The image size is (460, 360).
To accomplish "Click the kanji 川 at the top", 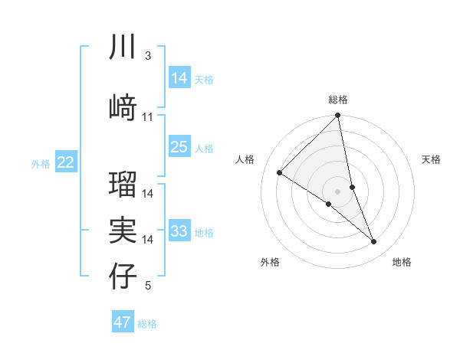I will (123, 48).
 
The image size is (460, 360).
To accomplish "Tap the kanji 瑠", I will (123, 183).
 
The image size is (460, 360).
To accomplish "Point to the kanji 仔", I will (123, 276).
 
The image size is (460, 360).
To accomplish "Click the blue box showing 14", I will (179, 77).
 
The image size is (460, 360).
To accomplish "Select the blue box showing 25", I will (179, 147).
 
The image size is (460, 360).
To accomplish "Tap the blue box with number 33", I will (179, 231).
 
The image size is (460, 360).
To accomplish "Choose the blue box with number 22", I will (66, 162).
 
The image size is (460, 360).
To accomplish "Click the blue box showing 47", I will (123, 322).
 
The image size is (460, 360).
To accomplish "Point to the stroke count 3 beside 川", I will (147, 57).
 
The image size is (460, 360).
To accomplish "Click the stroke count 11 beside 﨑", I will (148, 116).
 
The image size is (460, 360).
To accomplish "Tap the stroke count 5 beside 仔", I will (147, 286).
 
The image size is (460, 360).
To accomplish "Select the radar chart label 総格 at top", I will (338, 100).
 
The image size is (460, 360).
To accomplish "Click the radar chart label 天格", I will (432, 159).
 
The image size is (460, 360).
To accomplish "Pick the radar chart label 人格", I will (245, 159).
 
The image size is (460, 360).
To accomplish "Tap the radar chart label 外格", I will (270, 262).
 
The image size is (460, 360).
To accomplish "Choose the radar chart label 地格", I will (402, 262).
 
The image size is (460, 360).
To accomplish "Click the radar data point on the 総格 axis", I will (338, 116).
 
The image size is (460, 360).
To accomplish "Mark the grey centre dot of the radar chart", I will (338, 191).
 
